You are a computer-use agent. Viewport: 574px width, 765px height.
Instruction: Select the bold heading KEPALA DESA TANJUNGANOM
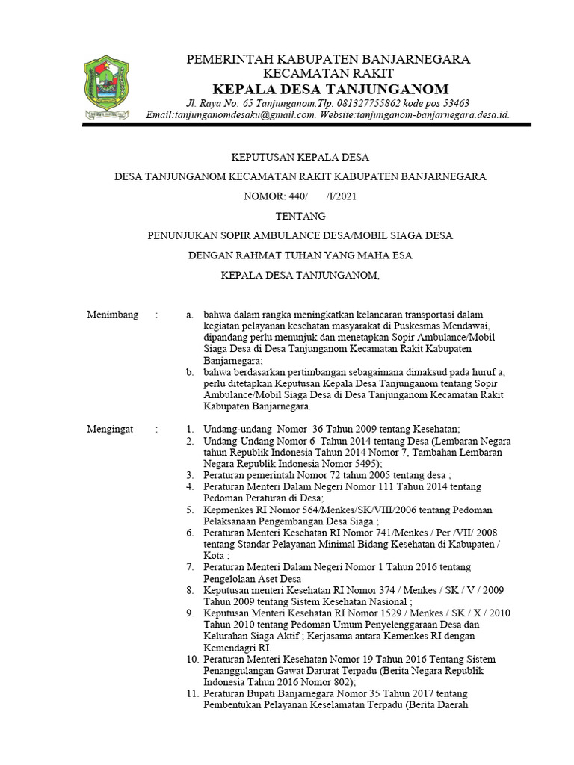coord(330,89)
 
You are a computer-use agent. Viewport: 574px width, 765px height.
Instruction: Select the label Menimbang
coord(113,315)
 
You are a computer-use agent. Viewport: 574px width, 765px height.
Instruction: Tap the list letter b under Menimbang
coord(191,372)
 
